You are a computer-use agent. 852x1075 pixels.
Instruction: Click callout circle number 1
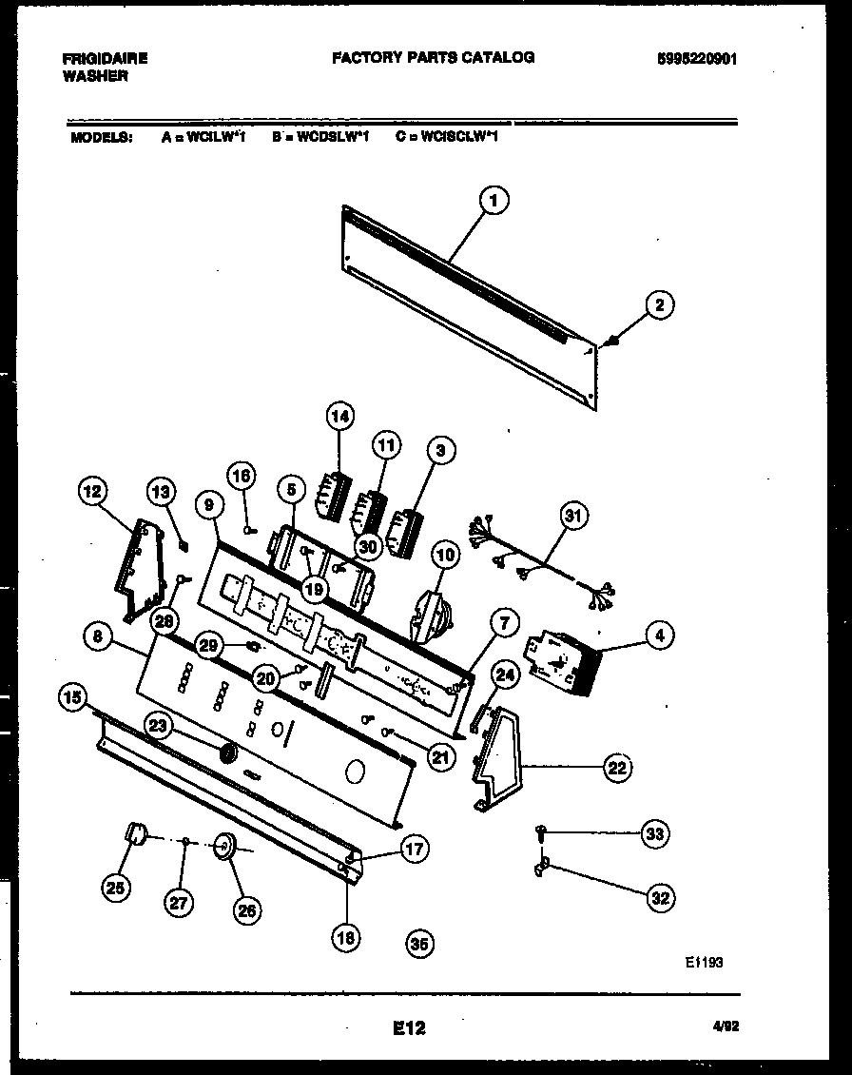[x=493, y=201]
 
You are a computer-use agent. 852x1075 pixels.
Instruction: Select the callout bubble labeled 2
[x=660, y=304]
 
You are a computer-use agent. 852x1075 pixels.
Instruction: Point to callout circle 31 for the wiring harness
[x=572, y=517]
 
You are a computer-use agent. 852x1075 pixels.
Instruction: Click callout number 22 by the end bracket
[x=618, y=768]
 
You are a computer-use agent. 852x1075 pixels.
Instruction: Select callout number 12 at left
[x=93, y=491]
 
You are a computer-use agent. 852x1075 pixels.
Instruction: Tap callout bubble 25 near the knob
[x=117, y=888]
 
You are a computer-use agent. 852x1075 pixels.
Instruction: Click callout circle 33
[x=653, y=834]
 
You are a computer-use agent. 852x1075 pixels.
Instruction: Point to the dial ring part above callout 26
[x=225, y=845]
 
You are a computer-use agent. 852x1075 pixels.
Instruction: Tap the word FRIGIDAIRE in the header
[x=105, y=58]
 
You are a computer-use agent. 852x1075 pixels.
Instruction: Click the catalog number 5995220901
[x=697, y=58]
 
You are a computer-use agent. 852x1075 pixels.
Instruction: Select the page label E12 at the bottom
[x=408, y=1027]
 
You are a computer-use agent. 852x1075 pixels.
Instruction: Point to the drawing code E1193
[x=704, y=962]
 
